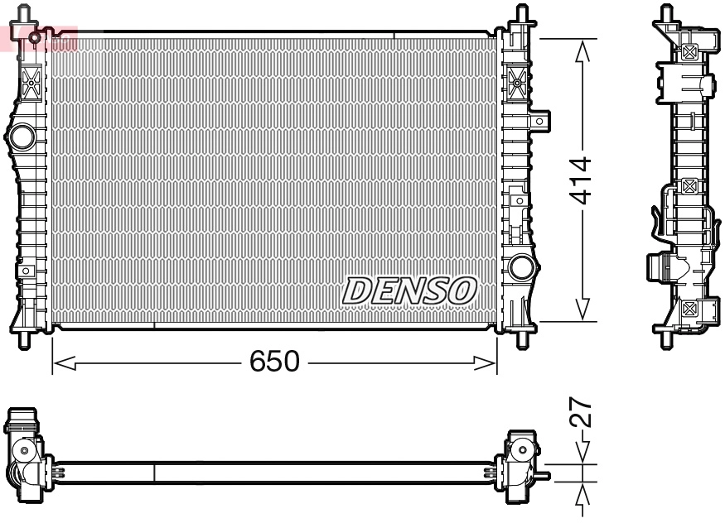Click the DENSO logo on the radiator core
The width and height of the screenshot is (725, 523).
click(x=410, y=290)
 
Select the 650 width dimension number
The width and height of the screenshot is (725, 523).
click(x=274, y=362)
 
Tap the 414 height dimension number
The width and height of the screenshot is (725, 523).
click(x=582, y=179)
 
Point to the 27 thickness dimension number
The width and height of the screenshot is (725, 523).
click(x=582, y=412)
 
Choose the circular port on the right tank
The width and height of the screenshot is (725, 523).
click(x=521, y=266)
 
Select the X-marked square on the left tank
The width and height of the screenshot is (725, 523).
click(x=31, y=82)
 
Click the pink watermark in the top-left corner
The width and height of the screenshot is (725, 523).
click(x=37, y=37)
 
